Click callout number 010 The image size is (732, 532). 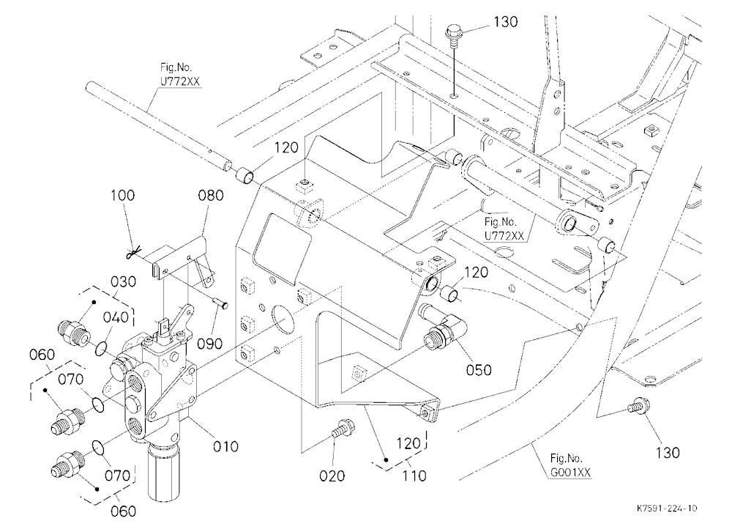pos(225,446)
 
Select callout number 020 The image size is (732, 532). pos(332,476)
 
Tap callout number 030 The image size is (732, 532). pos(123,282)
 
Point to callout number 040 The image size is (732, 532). pos(116,317)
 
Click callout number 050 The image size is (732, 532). pos(479,370)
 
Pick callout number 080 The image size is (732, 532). pos(211,195)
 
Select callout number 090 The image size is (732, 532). pos(209,344)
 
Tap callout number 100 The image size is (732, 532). pos(122,195)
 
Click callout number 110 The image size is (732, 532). pos(414,476)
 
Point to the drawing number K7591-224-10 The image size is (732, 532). pos(667,508)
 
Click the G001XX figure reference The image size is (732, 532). pos(570,473)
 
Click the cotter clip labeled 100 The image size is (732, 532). pos(133,254)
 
